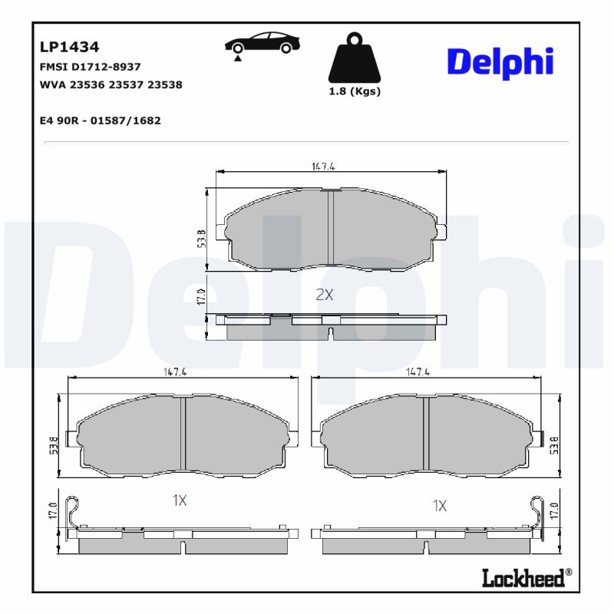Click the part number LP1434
coord(69,48)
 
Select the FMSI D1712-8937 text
coord(90,67)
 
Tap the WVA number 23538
coord(166,85)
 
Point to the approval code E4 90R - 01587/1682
coord(100,120)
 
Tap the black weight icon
coord(354,58)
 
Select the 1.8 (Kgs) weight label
coord(355,91)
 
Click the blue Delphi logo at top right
coord(500,61)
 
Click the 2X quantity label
coord(325,294)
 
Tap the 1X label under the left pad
coord(180,500)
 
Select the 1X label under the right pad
coord(439,505)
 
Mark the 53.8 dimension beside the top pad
coord(202,238)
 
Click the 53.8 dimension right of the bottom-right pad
coord(553,443)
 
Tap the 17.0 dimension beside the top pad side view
coord(202,296)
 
